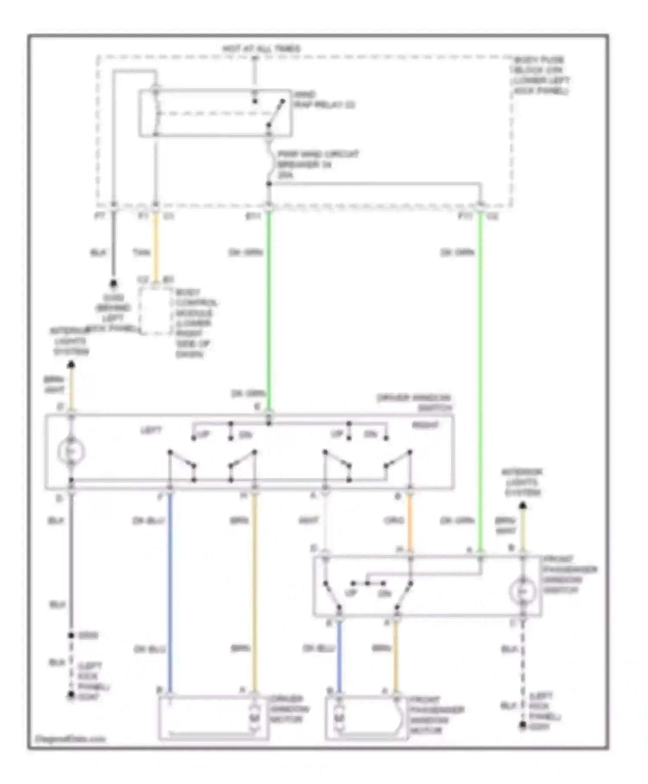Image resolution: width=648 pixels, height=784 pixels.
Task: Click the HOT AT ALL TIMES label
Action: coord(261,49)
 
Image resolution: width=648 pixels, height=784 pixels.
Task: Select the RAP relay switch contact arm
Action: coord(275,114)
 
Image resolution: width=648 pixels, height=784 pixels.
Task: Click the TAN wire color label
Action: coord(141,252)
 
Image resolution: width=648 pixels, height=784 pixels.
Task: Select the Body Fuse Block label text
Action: coord(540,75)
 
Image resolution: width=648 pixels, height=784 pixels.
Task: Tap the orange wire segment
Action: coord(410,521)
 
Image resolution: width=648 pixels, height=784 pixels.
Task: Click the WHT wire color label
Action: coord(308,520)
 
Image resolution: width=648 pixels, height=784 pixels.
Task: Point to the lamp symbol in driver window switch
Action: coord(71,452)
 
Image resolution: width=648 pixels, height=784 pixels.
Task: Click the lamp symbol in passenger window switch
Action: coord(522,590)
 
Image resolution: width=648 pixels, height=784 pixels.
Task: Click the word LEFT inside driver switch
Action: coord(151,430)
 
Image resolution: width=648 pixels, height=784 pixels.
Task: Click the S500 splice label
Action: coord(88,635)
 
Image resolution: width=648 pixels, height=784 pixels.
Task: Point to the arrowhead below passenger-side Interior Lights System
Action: coord(523,505)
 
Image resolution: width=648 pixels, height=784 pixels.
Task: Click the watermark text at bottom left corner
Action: coord(70,739)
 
